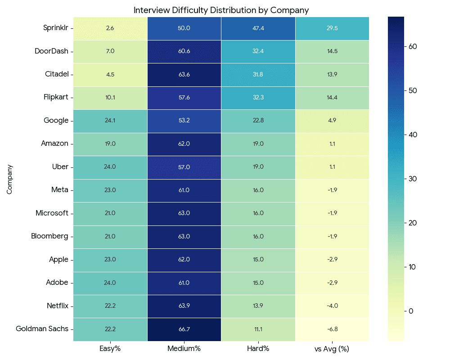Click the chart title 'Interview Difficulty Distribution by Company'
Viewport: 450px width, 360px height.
point(221,10)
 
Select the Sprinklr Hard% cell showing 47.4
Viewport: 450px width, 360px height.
point(258,28)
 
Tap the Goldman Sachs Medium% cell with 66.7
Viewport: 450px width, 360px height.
point(184,329)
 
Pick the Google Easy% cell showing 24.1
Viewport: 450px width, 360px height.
point(110,121)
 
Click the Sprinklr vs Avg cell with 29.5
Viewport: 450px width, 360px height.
point(332,28)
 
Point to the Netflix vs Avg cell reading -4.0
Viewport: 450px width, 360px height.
point(332,306)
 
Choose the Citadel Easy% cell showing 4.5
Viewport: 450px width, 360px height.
point(110,74)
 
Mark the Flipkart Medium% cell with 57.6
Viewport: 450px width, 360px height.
point(184,98)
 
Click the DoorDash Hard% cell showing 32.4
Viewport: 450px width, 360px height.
point(258,51)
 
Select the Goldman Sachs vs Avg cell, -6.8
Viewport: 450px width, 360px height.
point(332,329)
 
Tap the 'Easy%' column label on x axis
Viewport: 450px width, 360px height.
point(110,349)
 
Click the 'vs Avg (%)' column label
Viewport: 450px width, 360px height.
point(332,349)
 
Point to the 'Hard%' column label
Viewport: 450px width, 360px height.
point(258,349)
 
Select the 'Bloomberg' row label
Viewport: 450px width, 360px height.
point(49,236)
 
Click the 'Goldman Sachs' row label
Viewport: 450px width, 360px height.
point(42,329)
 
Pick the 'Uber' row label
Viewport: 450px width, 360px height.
point(60,167)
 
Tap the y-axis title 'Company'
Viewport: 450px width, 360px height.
point(9,179)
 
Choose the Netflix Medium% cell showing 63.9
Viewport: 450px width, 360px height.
point(184,306)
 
